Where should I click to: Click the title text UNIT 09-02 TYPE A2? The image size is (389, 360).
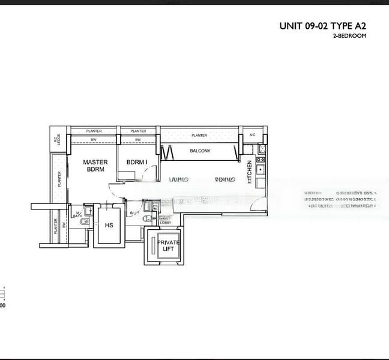[x=322, y=26]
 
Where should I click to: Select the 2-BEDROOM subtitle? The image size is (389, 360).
[x=349, y=36]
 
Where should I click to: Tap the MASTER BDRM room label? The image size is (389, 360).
[x=95, y=166]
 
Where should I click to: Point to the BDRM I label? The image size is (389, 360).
[x=137, y=162]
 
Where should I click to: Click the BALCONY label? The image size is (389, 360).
[x=200, y=151]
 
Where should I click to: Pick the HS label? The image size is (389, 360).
[x=109, y=226]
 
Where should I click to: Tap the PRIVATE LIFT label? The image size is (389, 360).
[x=168, y=245]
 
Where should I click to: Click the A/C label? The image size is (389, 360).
[x=252, y=135]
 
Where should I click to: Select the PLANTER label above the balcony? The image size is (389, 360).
[x=199, y=135]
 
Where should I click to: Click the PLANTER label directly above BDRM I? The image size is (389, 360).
[x=138, y=131]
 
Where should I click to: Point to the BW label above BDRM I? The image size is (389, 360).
[x=138, y=140]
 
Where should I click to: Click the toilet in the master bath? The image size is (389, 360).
[x=83, y=223]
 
